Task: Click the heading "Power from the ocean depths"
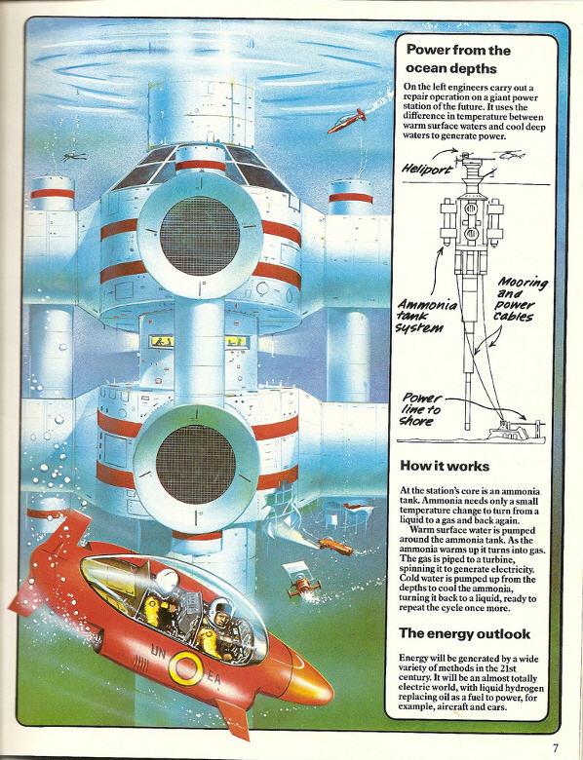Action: [451, 59]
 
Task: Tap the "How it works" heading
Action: [445, 467]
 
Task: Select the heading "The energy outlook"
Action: [465, 633]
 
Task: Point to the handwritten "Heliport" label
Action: [427, 170]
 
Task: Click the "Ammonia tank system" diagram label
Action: [426, 316]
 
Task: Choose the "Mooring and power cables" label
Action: [521, 299]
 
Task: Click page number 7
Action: [556, 747]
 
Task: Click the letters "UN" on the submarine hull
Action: [157, 653]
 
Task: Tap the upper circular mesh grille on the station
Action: [200, 236]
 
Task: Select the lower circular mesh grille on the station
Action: [196, 465]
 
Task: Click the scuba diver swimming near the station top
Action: [74, 157]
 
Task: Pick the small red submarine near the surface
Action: [346, 121]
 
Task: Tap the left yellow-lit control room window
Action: [163, 342]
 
